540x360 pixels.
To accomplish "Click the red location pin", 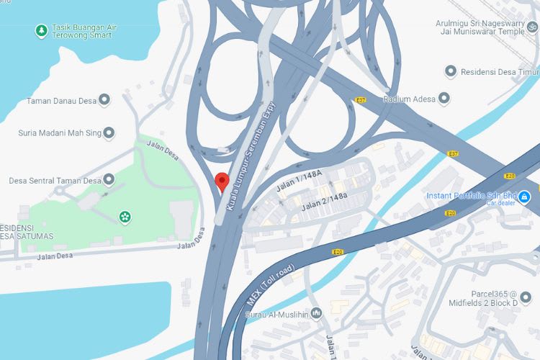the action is coord(222,181).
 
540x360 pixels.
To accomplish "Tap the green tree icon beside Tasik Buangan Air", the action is coord(42,31).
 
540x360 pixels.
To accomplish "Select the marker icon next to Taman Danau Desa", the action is coord(104,100).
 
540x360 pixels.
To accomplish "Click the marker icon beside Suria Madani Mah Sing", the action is coord(109,132).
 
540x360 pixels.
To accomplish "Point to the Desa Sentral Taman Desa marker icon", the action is coord(109,179).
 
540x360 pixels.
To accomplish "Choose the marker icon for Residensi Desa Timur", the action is coord(451,71).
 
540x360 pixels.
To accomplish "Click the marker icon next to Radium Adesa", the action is coord(444,98).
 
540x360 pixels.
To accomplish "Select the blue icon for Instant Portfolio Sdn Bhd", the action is coord(525,195).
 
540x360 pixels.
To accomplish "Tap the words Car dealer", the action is coord(501,203).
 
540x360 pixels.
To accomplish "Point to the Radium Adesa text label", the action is coord(410,99).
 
